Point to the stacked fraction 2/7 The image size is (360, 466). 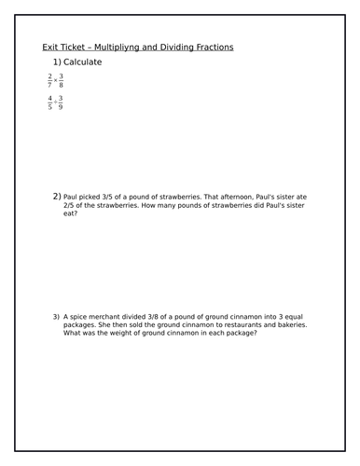49,81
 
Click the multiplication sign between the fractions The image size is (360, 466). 56,81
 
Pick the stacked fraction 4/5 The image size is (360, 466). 49,103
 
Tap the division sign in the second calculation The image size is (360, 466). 56,103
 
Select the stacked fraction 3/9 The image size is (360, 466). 62,103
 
